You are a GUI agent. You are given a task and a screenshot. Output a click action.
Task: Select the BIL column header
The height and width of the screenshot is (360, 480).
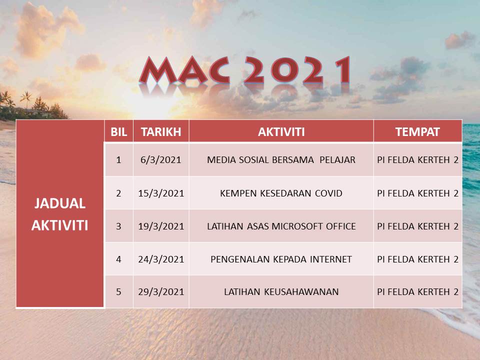click(118, 132)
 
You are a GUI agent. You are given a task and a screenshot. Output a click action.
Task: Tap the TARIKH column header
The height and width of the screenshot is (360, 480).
click(161, 132)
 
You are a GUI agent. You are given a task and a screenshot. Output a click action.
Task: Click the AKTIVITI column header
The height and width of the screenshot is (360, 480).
click(281, 132)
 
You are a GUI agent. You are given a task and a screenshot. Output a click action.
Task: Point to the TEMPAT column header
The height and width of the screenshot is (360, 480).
click(417, 132)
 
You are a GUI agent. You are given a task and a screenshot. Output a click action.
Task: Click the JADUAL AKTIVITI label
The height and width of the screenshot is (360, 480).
click(60, 214)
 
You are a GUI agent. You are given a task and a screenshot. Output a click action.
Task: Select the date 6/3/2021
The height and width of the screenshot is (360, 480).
click(161, 160)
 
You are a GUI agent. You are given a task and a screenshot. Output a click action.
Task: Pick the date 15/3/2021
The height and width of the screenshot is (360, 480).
click(161, 193)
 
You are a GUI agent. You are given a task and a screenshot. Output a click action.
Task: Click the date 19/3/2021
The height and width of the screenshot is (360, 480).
click(161, 226)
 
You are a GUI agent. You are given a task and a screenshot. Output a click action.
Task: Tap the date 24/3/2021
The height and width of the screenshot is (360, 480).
click(161, 259)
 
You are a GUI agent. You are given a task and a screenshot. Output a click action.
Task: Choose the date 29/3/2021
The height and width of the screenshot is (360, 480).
click(161, 291)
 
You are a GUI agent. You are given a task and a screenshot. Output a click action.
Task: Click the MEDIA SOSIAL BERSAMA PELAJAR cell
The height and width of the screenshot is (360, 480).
click(281, 160)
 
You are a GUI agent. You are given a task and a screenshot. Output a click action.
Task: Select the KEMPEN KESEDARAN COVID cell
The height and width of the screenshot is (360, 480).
click(281, 193)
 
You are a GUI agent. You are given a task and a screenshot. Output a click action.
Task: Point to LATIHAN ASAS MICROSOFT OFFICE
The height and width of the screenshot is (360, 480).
click(281, 226)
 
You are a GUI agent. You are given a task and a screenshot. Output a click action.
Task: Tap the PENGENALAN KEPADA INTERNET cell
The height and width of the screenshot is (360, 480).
click(281, 259)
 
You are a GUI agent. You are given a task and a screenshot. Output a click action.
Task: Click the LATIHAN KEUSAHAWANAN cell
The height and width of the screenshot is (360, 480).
click(281, 291)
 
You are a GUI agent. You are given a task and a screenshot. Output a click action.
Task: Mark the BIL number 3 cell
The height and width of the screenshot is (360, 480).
click(118, 226)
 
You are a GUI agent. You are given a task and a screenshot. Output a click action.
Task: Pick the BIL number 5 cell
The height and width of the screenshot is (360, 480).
click(118, 291)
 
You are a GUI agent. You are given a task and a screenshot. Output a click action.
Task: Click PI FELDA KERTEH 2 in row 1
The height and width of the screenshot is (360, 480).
click(417, 160)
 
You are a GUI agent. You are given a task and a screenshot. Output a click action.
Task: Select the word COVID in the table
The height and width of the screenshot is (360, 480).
click(328, 193)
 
